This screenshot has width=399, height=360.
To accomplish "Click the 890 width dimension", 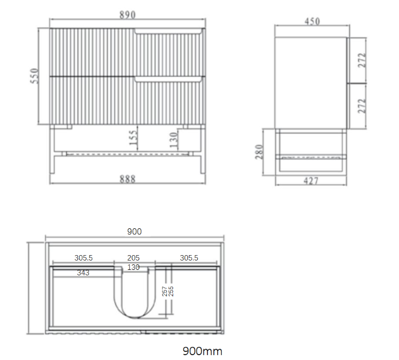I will (x=127, y=15).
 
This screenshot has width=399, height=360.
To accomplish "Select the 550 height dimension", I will (x=34, y=76).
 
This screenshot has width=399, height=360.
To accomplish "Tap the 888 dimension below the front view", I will (x=127, y=178).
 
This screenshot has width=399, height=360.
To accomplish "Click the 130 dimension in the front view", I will (x=173, y=140).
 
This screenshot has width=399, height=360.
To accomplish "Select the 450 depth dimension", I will (x=311, y=22).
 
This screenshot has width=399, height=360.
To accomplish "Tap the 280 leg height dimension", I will (x=260, y=151).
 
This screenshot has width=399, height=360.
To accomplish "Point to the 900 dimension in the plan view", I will (x=134, y=232).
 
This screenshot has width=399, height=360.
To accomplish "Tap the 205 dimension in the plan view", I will (x=134, y=258).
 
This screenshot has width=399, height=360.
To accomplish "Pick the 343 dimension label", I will (x=83, y=272).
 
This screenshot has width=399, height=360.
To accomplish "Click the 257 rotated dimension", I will (x=164, y=291).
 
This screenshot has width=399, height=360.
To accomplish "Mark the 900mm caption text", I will (x=203, y=351).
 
